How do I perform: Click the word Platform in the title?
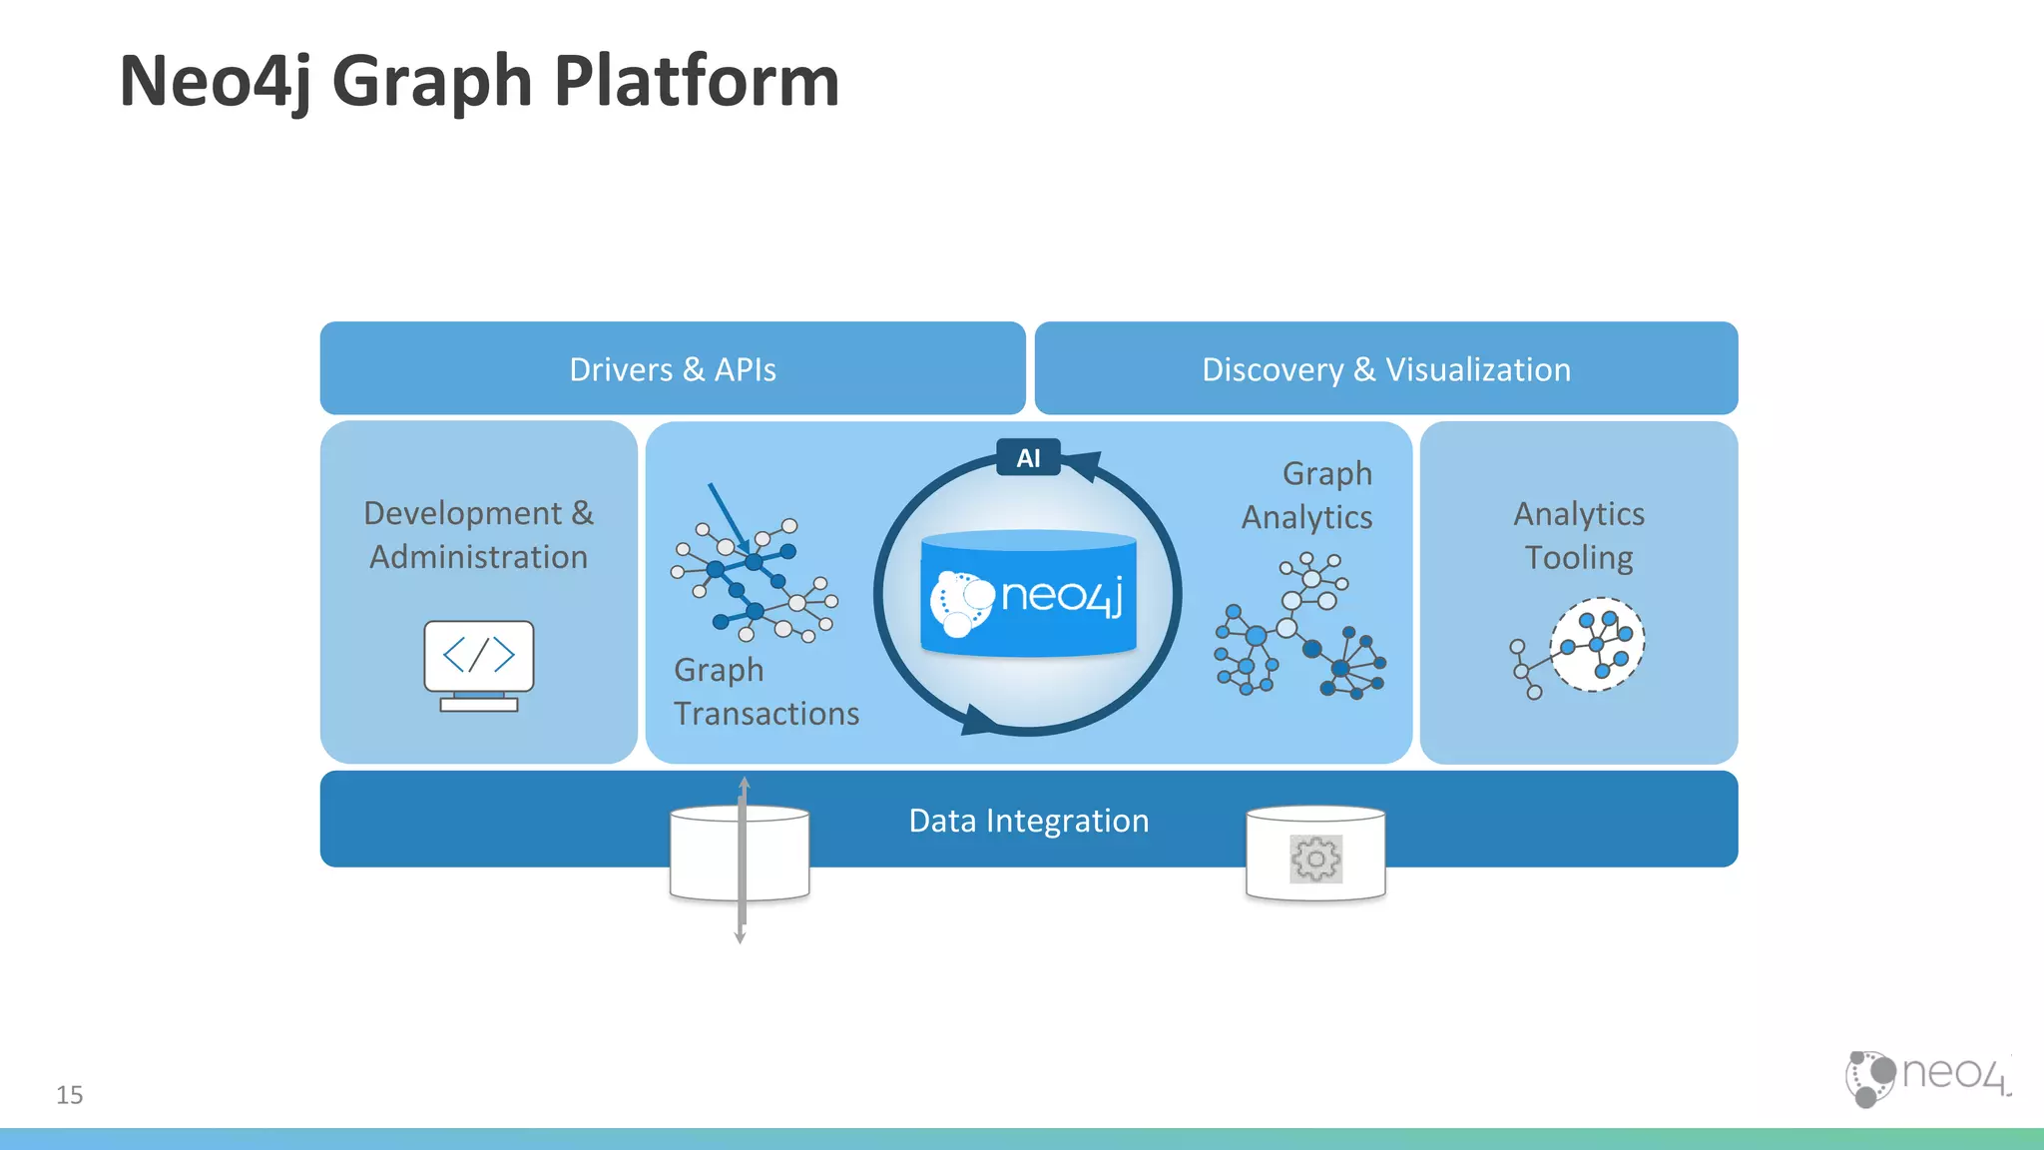click(x=696, y=82)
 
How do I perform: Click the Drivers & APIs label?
click(x=672, y=369)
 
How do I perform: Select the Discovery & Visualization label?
click(x=1385, y=369)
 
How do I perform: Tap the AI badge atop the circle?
click(x=1028, y=458)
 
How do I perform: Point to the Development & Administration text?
click(x=478, y=535)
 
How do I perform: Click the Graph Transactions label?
click(x=765, y=692)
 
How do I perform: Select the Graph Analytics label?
click(x=1306, y=495)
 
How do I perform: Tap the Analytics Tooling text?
click(x=1578, y=535)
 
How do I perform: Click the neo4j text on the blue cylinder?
click(x=1062, y=596)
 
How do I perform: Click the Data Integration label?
click(x=1028, y=821)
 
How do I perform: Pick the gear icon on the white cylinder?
click(x=1315, y=859)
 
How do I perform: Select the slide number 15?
click(x=70, y=1095)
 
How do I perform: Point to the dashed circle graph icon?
click(x=1596, y=645)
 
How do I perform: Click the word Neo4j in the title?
click(x=215, y=82)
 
